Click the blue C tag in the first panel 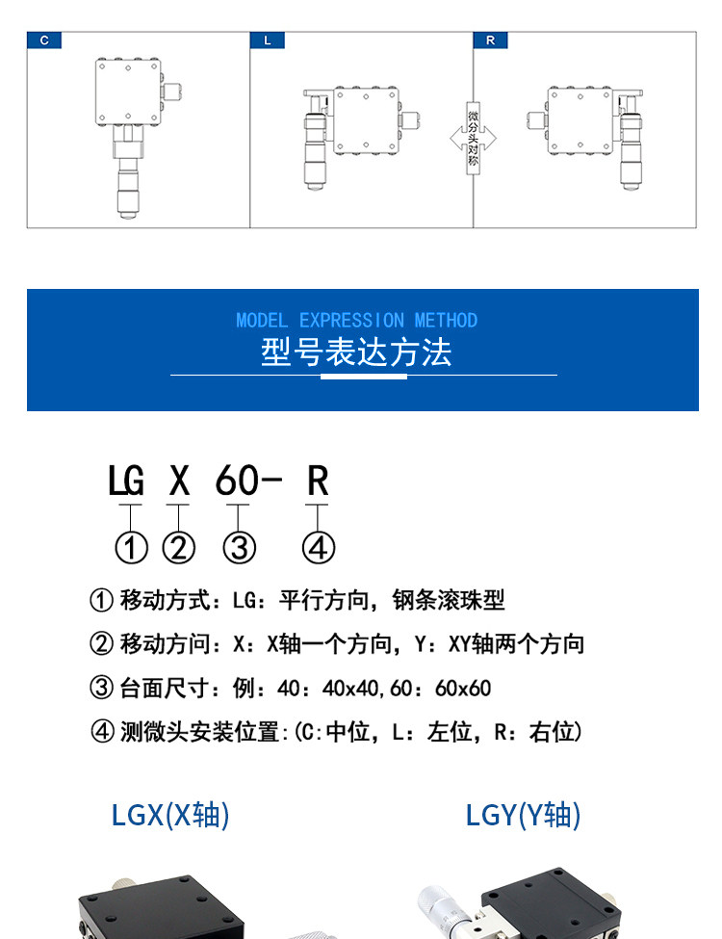pyautogui.click(x=44, y=40)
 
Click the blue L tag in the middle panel pyautogui.click(x=267, y=40)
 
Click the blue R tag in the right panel pyautogui.click(x=490, y=40)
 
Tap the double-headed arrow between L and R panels pyautogui.click(x=473, y=139)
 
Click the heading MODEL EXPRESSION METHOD pyautogui.click(x=356, y=321)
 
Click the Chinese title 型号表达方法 pyautogui.click(x=356, y=352)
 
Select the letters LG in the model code pyautogui.click(x=126, y=481)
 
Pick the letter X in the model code pyautogui.click(x=178, y=481)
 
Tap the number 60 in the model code pyautogui.click(x=237, y=481)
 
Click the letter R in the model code pyautogui.click(x=318, y=481)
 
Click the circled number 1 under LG pyautogui.click(x=131, y=548)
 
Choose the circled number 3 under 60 pyautogui.click(x=239, y=548)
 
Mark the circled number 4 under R pyautogui.click(x=319, y=548)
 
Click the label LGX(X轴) pyautogui.click(x=171, y=816)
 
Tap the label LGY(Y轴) pyautogui.click(x=525, y=816)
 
